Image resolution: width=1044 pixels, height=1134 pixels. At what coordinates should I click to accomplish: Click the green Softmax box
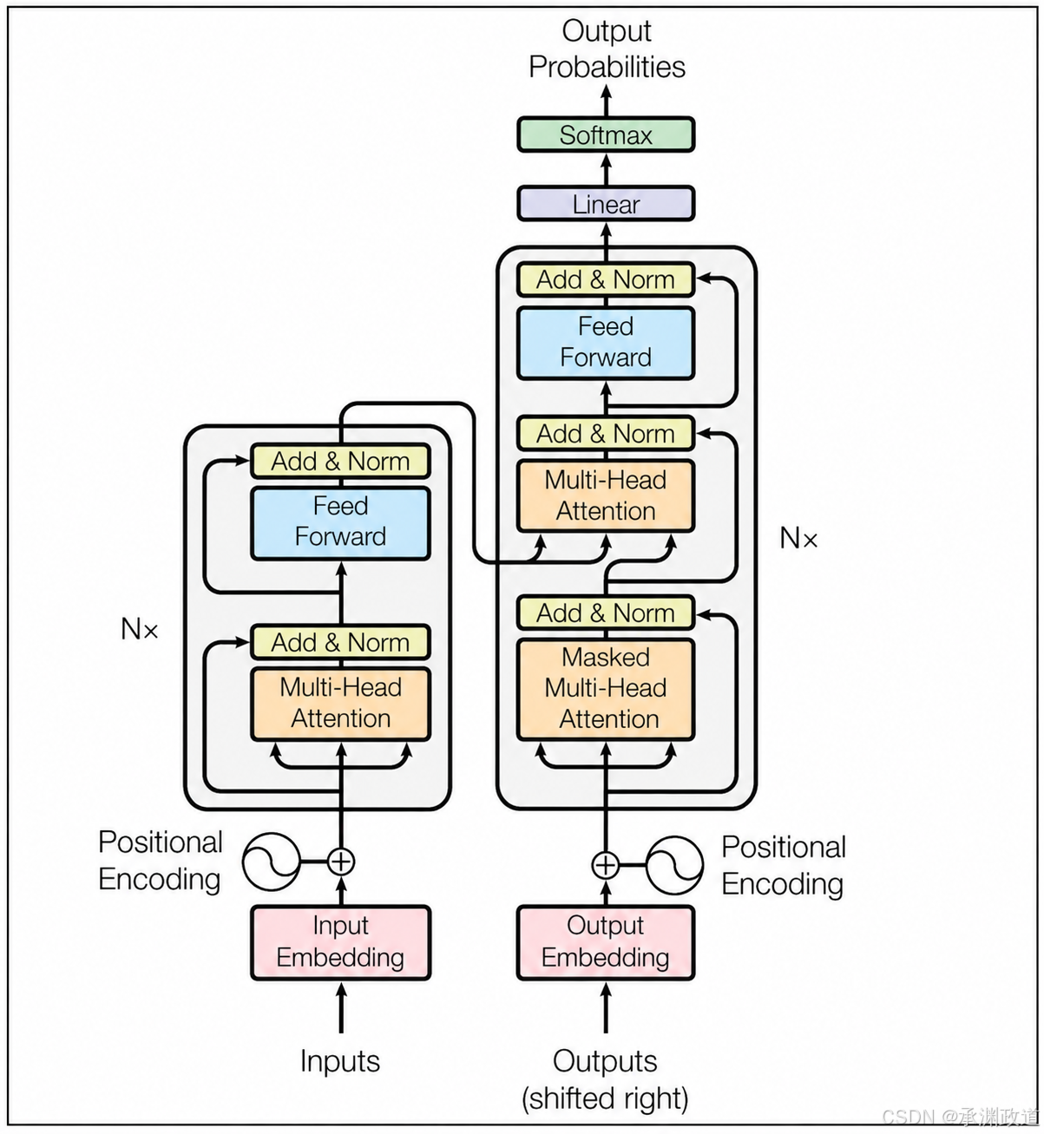pyautogui.click(x=606, y=134)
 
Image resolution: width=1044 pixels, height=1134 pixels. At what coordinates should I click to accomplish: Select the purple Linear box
pyautogui.click(x=606, y=204)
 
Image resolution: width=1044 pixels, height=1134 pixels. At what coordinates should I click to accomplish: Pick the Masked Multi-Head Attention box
pyautogui.click(x=606, y=689)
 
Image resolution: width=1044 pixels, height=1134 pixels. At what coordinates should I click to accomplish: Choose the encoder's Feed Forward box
pyautogui.click(x=340, y=523)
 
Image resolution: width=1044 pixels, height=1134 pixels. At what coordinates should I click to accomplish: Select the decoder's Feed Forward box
pyautogui.click(x=606, y=343)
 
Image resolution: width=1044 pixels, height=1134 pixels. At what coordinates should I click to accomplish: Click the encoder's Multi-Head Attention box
pyautogui.click(x=340, y=704)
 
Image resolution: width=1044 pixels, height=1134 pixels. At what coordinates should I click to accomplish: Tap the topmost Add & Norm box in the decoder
pyautogui.click(x=606, y=279)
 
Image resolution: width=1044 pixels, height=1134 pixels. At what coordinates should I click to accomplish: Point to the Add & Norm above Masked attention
pyautogui.click(x=606, y=613)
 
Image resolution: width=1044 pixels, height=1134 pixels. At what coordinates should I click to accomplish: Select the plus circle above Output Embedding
pyautogui.click(x=605, y=865)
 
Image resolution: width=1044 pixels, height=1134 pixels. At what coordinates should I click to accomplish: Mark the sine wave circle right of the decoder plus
pyautogui.click(x=674, y=865)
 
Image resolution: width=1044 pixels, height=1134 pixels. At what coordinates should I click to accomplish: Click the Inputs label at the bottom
pyautogui.click(x=340, y=1061)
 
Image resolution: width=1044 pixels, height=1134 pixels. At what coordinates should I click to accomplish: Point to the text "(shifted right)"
pyautogui.click(x=605, y=1099)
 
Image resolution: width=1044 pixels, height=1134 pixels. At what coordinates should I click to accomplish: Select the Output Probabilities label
pyautogui.click(x=607, y=49)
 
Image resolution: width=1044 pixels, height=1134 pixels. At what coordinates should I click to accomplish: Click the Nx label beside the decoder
pyautogui.click(x=798, y=538)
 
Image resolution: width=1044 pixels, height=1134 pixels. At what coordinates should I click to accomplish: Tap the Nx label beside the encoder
pyautogui.click(x=139, y=629)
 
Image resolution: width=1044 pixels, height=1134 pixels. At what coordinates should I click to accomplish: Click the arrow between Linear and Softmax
pyautogui.click(x=606, y=169)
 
